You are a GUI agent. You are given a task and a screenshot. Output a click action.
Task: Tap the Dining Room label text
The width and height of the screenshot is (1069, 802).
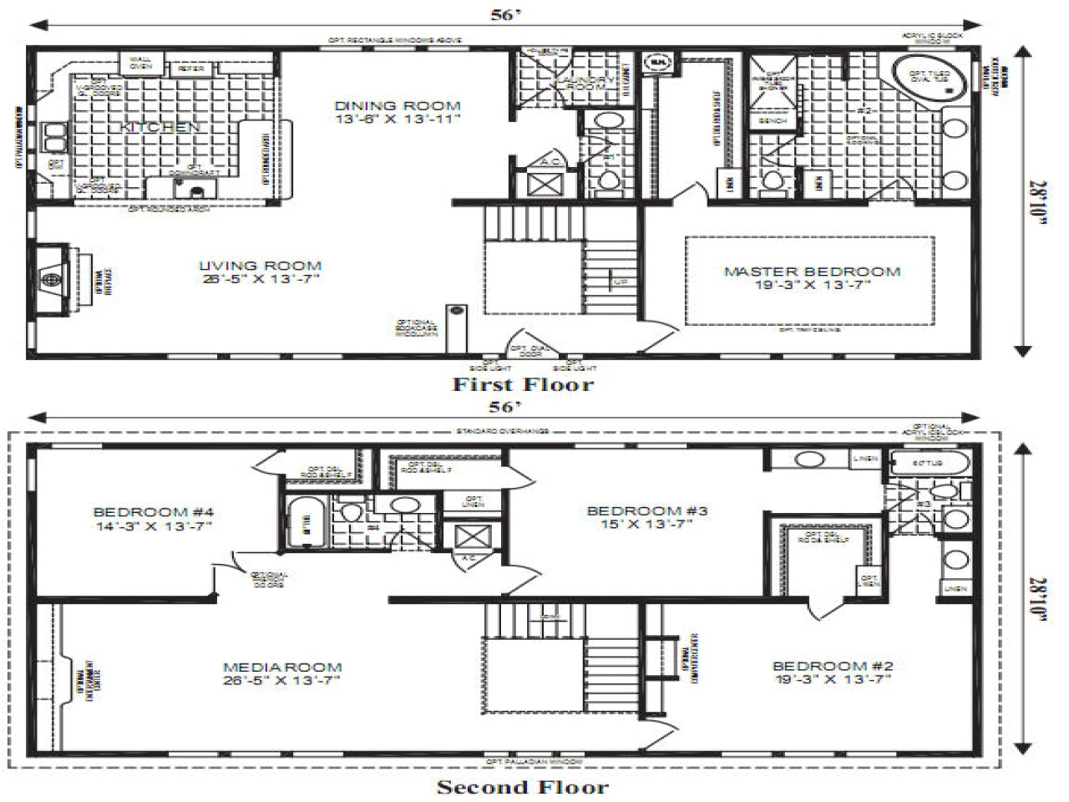coord(398,112)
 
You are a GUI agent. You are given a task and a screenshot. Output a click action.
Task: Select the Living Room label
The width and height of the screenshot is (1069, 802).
coord(260,272)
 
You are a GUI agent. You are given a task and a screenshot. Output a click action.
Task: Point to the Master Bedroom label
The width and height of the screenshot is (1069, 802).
coord(812,277)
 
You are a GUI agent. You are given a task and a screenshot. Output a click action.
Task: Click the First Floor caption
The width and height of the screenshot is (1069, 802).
coord(523,384)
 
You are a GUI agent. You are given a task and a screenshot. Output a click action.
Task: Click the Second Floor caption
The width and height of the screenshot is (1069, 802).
coord(523,786)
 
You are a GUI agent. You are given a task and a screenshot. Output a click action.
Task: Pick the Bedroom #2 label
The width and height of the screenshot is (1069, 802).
coord(833,672)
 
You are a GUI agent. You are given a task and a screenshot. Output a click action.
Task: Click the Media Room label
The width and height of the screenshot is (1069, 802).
coord(282,673)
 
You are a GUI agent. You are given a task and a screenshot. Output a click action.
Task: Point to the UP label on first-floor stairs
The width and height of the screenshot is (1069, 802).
coord(621,282)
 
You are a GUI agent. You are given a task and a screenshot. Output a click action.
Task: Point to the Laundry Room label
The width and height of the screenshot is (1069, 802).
coord(585,82)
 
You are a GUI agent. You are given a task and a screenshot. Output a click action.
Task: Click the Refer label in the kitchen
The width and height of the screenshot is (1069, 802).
coord(190,69)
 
